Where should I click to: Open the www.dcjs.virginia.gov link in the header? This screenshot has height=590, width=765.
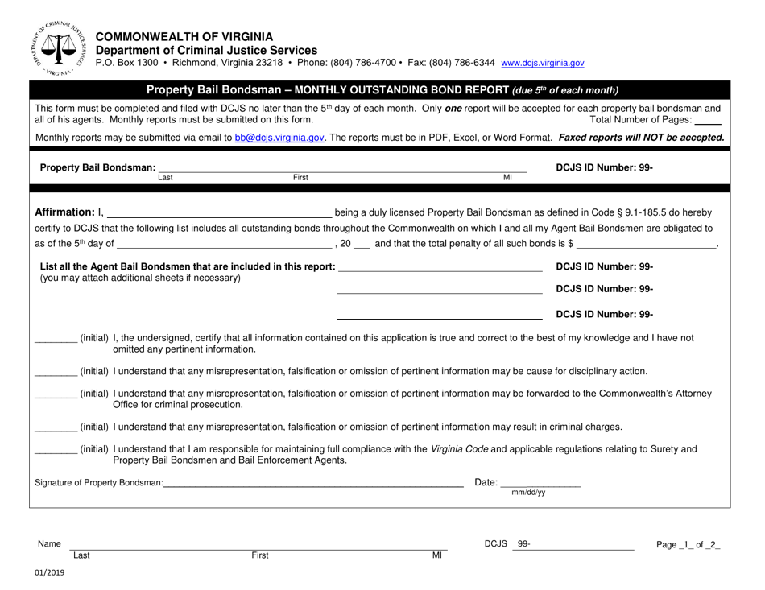[542, 63]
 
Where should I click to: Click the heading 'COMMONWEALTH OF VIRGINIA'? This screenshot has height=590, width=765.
[184, 36]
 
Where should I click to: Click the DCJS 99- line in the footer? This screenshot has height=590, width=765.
[580, 545]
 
